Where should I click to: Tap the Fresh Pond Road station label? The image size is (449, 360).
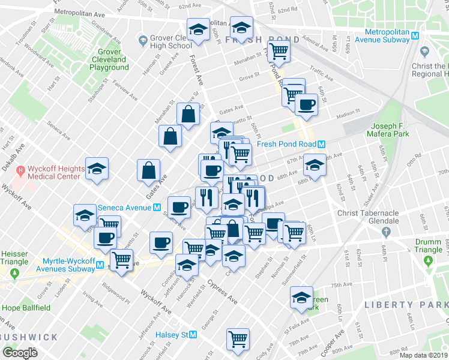(x=286, y=145)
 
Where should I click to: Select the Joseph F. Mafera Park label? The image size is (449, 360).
(x=390, y=130)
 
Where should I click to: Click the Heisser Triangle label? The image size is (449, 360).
(x=14, y=258)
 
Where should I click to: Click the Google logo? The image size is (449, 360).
(x=20, y=353)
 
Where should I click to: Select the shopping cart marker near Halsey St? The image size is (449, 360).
(x=238, y=338)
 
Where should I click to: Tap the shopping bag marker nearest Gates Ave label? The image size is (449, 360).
(x=148, y=170)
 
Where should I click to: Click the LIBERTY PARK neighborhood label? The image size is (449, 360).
(x=406, y=305)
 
